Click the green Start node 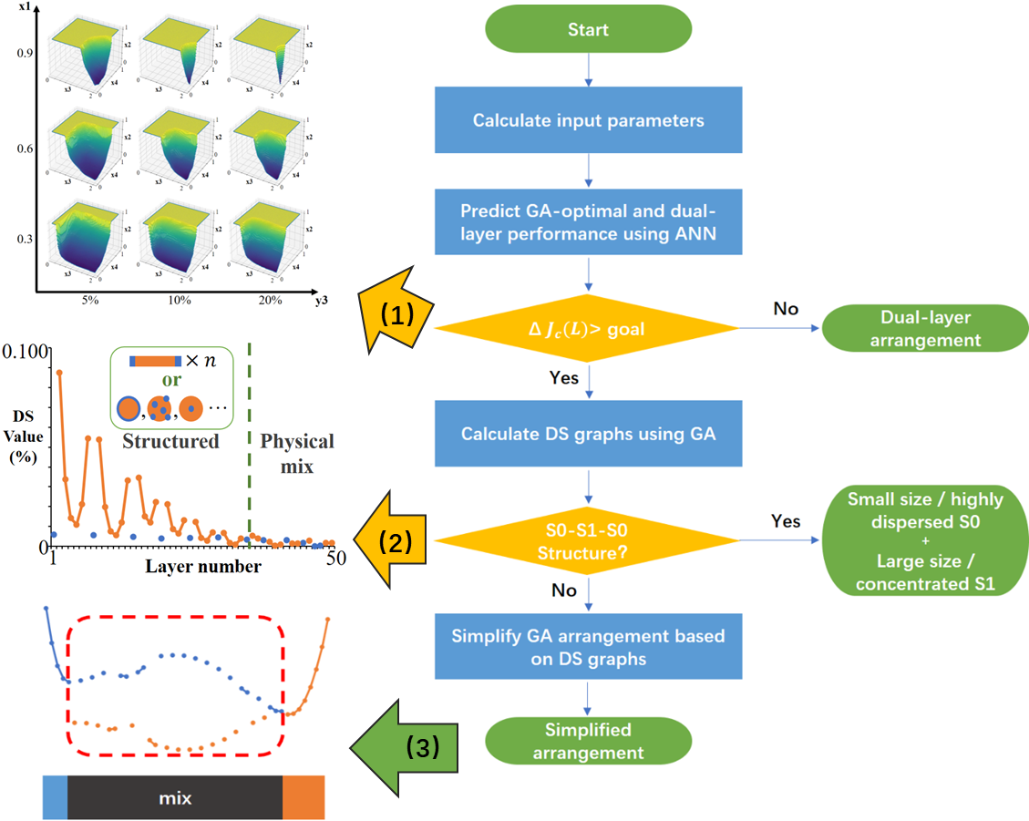pos(588,29)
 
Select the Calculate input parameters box pos(588,119)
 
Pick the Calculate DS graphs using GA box pos(588,434)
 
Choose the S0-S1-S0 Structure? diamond pos(588,541)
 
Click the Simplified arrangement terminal pos(588,741)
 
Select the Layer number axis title pos(203,567)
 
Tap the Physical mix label pos(297,454)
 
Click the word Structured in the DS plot pos(171,442)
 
